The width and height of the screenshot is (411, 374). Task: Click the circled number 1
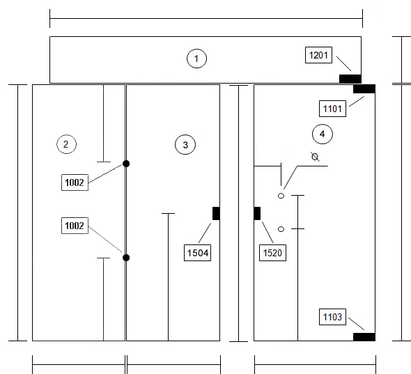coord(196,59)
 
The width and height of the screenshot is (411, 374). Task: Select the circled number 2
coord(66,144)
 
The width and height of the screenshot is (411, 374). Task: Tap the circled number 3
coord(185,145)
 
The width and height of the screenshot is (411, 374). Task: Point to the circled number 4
coord(323,134)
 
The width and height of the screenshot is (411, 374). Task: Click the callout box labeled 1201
coord(318,55)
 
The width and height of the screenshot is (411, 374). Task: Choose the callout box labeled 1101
coord(332,109)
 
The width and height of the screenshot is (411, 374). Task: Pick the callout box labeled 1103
coord(332,317)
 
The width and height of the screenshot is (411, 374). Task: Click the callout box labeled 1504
coord(197,253)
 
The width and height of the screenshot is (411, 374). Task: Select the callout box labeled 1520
coord(272,253)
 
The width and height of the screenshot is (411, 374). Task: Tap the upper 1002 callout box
coord(75,182)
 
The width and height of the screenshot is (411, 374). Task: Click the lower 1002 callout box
coord(75,226)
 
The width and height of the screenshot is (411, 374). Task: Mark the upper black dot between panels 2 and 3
coord(126,164)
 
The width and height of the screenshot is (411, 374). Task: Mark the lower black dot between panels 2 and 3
coord(126,258)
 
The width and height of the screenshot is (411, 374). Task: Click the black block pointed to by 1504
coord(216,213)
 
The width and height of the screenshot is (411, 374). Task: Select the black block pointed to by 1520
coord(257,213)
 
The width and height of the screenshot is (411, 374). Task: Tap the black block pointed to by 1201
coord(350,79)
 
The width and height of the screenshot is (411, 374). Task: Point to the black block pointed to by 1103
coord(364,337)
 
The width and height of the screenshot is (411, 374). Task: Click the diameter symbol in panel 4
coord(315,157)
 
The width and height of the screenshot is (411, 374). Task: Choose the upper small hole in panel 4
coord(281,196)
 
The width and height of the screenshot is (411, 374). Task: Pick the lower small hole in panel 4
coord(281,229)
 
